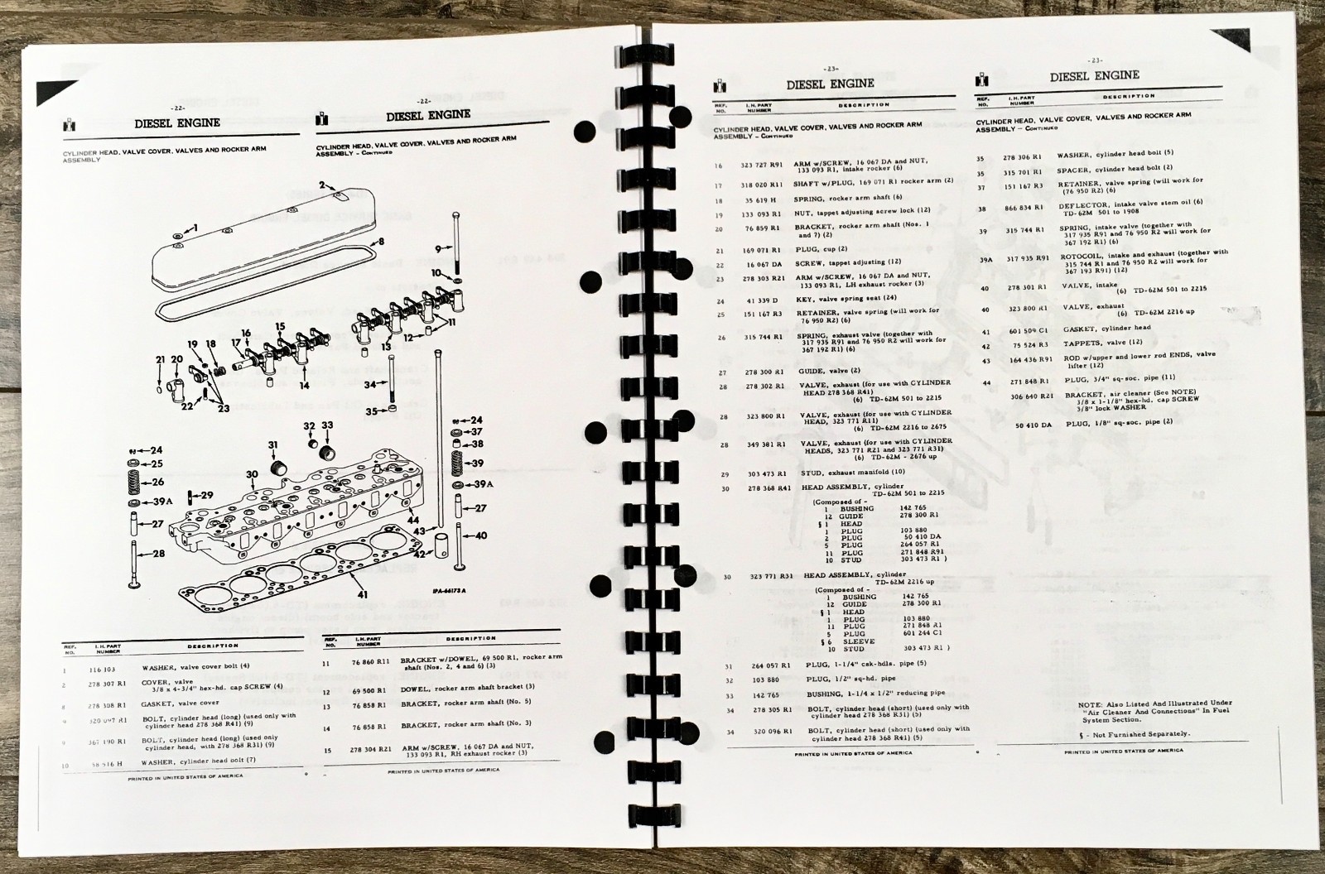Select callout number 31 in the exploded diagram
pos(272,446)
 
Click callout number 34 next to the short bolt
pos(369,384)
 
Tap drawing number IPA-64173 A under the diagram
pos(450,592)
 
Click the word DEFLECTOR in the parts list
pos(1081,209)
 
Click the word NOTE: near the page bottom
pos(1091,704)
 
